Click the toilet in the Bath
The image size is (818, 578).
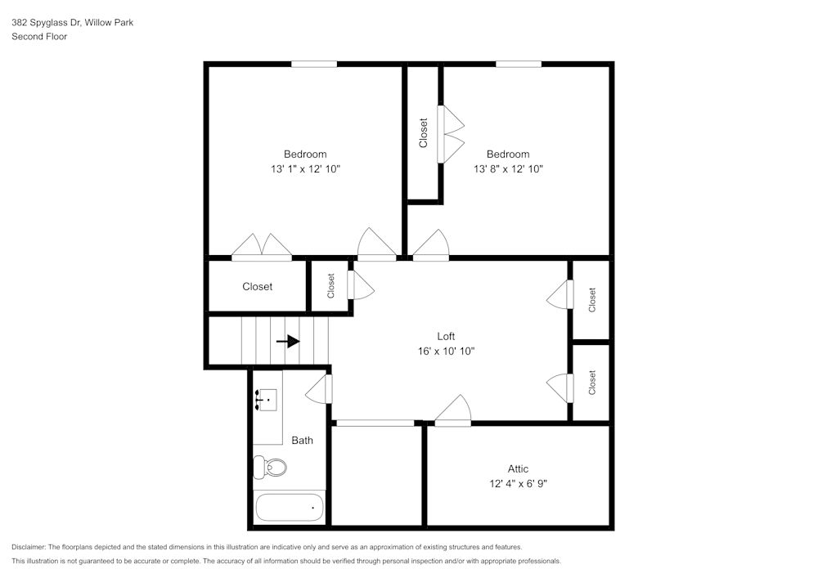pos(271,467)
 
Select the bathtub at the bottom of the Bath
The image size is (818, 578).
pos(289,507)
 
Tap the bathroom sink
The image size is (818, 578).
pos(267,400)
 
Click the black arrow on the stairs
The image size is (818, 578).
pos(288,341)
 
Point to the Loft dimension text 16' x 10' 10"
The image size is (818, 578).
pos(446,351)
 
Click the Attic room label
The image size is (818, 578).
pos(518,468)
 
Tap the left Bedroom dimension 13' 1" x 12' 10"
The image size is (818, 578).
pos(305,169)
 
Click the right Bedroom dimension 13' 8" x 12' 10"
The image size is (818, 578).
pos(508,169)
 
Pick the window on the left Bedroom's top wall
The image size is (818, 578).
pos(314,64)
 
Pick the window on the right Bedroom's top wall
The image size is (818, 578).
pos(518,64)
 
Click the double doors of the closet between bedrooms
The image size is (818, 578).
pos(451,133)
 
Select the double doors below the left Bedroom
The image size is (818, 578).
pos(261,248)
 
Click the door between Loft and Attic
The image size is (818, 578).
pos(454,411)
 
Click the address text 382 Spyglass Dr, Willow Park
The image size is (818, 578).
pos(72,23)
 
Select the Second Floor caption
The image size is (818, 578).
pos(39,37)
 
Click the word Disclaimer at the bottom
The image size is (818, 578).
pos(29,547)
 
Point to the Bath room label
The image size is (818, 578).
pos(303,441)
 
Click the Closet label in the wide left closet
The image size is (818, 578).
pos(257,286)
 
